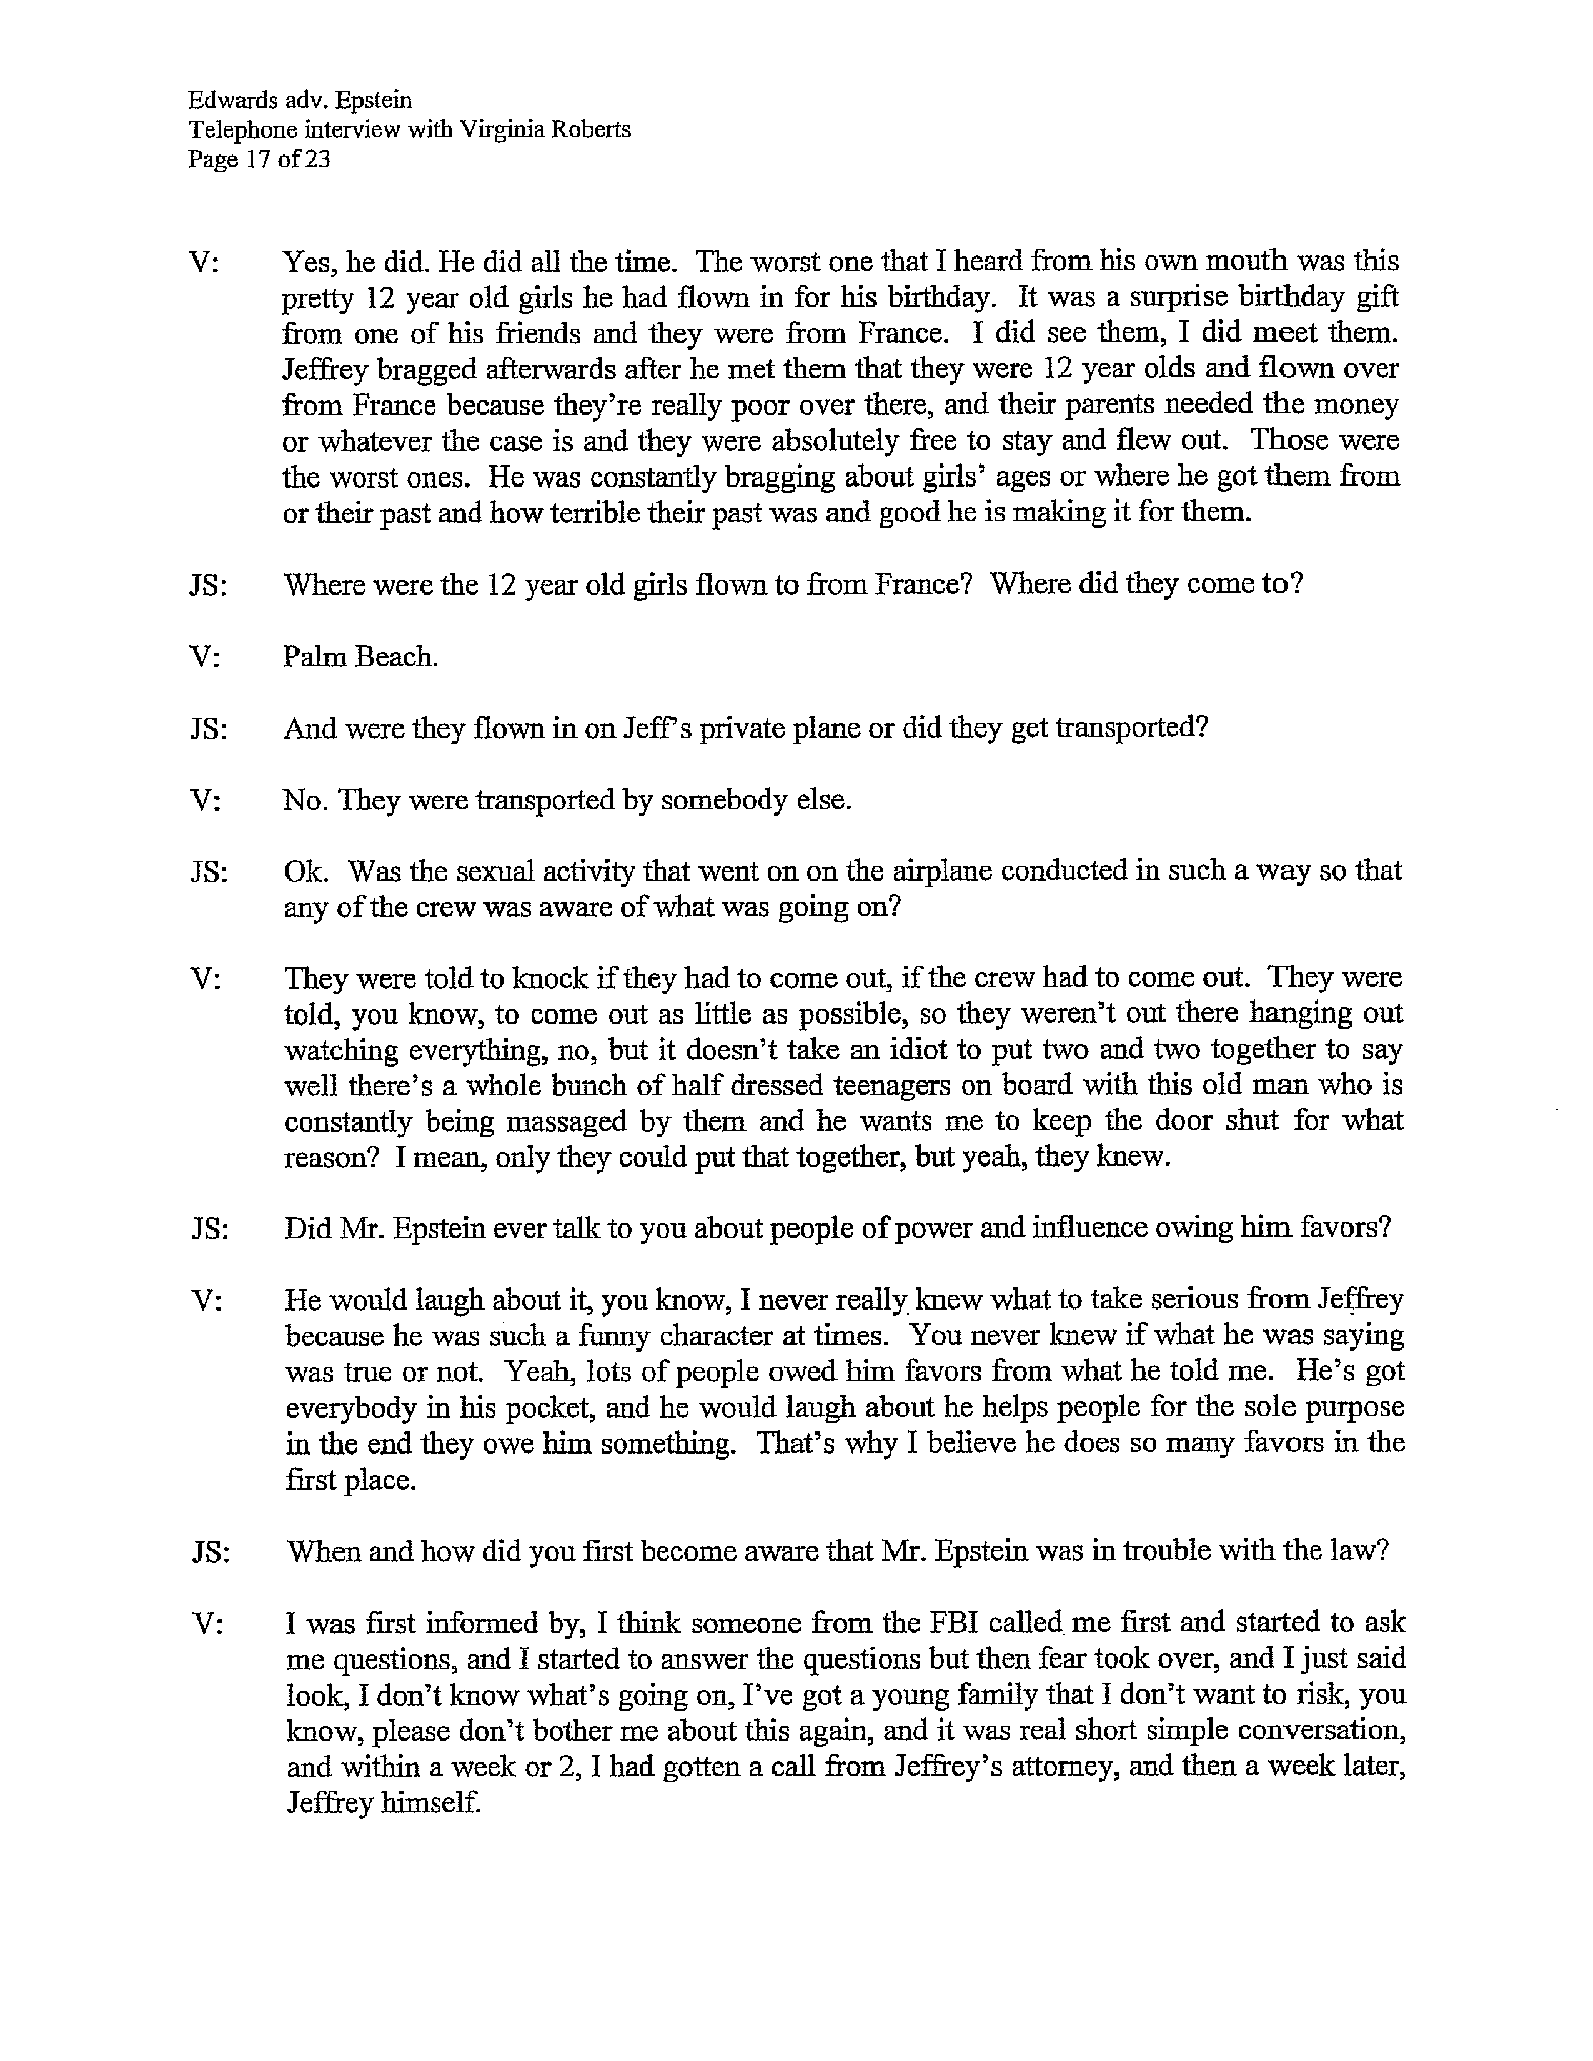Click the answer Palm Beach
(360, 657)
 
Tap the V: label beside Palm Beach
(205, 657)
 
